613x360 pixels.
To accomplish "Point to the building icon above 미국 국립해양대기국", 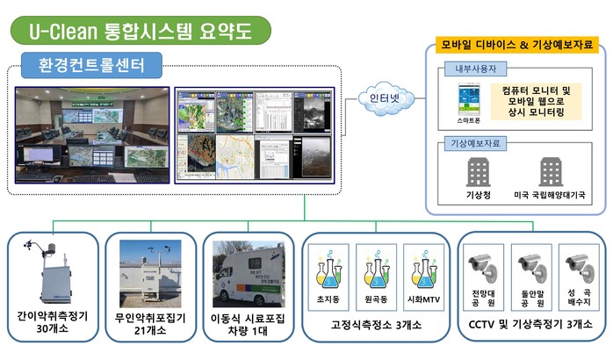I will pos(552,174).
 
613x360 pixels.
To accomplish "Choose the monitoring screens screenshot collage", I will pos(253,133).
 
